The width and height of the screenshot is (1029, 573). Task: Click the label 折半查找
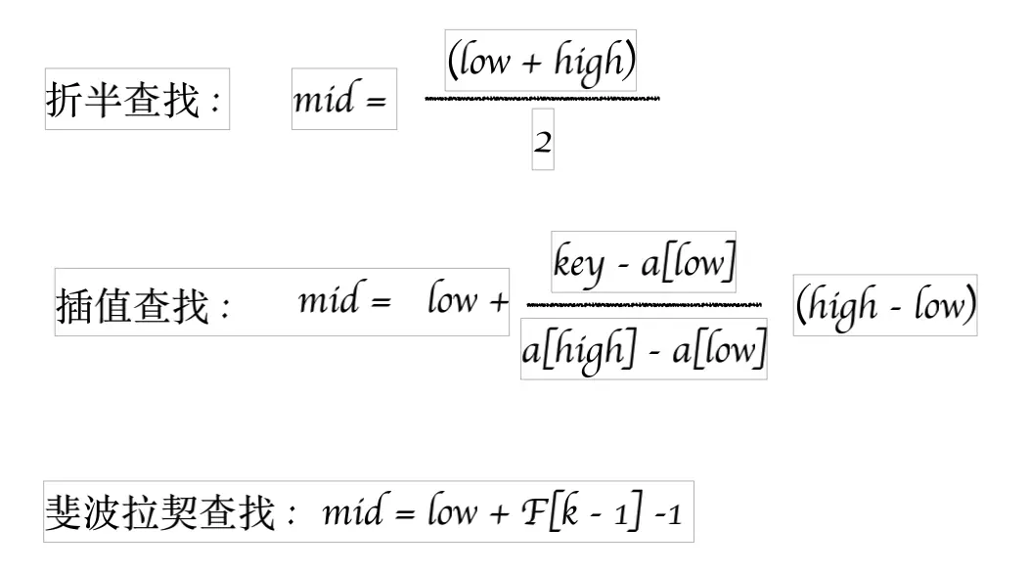[121, 100]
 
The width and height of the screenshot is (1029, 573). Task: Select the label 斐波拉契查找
[160, 512]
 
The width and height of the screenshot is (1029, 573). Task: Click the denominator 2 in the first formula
[543, 144]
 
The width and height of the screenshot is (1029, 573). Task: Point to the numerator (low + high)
[541, 62]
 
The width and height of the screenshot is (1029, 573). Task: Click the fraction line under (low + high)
[543, 99]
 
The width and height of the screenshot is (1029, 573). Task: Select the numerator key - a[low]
[644, 262]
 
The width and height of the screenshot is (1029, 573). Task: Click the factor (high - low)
[885, 306]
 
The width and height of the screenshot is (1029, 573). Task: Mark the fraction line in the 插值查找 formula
[644, 305]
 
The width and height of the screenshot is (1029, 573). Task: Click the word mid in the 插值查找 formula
[328, 300]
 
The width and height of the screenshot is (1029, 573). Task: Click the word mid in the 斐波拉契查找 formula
[351, 511]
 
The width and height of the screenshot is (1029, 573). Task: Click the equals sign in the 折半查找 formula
[376, 102]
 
